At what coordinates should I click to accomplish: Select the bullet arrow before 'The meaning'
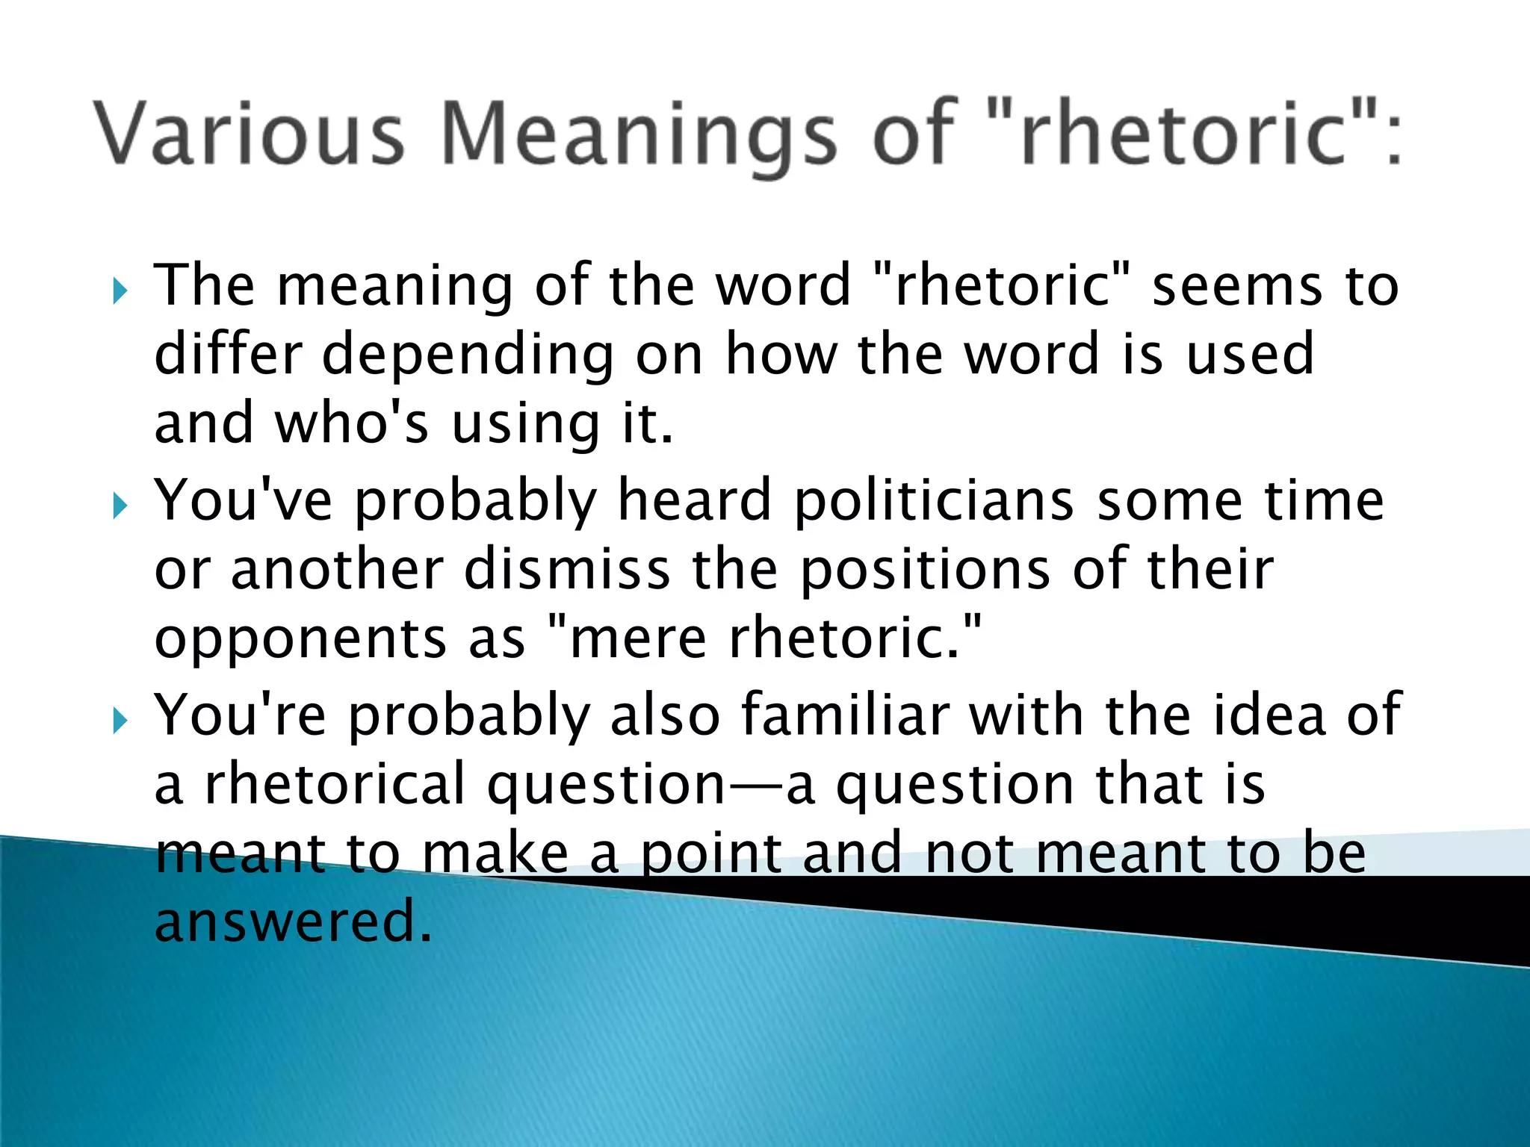pyautogui.click(x=120, y=290)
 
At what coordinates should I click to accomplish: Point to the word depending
pyautogui.click(x=468, y=355)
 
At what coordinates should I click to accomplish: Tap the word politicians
pyautogui.click(x=934, y=501)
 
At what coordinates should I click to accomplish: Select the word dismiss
pyautogui.click(x=567, y=570)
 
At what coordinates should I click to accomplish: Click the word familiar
pyautogui.click(x=845, y=715)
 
